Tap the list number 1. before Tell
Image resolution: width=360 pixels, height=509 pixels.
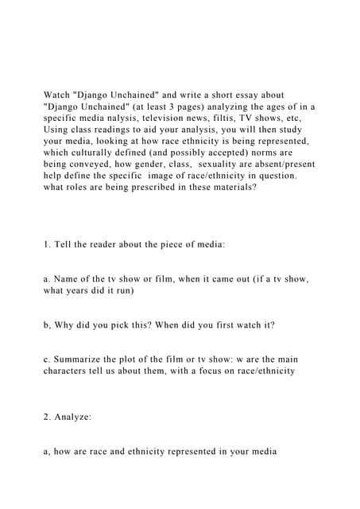[x=48, y=246]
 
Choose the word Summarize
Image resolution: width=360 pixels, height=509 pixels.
[x=83, y=359]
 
